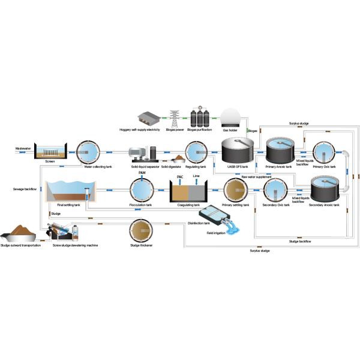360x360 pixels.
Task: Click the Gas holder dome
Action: [x=230, y=117]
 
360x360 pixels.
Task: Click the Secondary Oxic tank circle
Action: [x=275, y=191]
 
